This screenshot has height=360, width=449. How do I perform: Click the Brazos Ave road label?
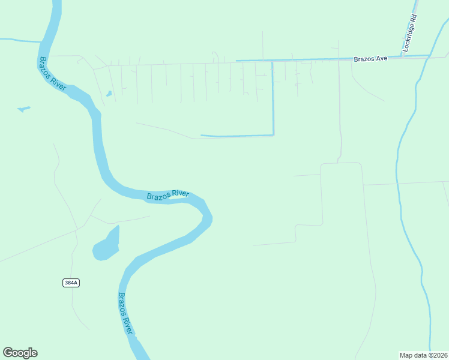[370, 59]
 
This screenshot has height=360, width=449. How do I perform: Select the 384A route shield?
[71, 283]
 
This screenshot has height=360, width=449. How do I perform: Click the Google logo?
[20, 353]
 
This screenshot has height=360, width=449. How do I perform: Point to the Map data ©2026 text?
[423, 355]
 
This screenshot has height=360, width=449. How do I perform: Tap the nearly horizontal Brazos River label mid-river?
[168, 195]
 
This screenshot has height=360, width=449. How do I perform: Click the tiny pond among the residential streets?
[109, 94]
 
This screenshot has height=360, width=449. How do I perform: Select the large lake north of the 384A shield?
[106, 245]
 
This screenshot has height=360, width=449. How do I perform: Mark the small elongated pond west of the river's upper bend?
[23, 109]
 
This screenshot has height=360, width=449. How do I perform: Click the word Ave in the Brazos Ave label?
[382, 59]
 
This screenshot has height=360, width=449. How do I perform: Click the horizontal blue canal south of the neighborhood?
[237, 136]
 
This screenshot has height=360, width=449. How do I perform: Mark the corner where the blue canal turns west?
[273, 134]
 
